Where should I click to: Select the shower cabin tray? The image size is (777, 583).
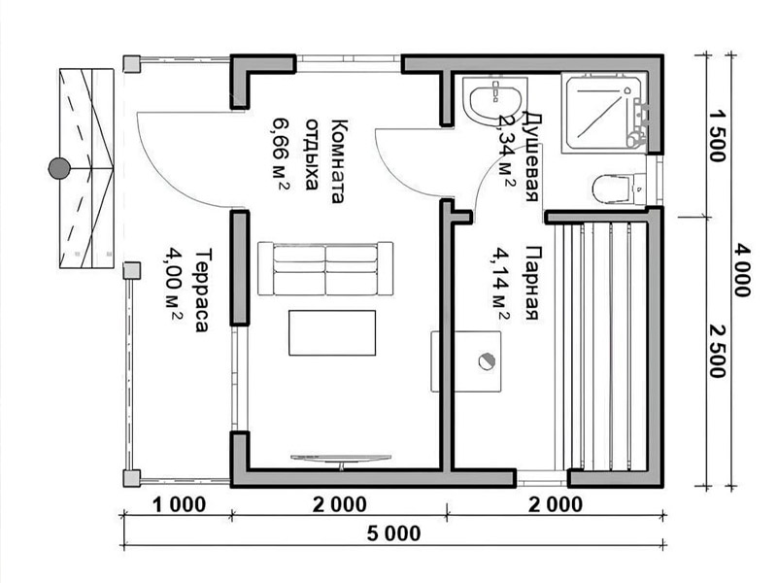coord(604,113)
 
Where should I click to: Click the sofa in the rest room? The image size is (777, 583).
coord(325,269)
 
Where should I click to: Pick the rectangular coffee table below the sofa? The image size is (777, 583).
coord(332,332)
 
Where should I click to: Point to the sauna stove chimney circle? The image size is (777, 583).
coord(487,360)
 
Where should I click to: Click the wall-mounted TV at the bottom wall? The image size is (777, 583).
coord(341,460)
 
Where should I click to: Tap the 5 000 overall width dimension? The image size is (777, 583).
coord(394,533)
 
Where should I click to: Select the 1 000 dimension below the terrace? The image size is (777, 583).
coord(179,504)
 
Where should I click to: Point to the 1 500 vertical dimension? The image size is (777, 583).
coord(717,135)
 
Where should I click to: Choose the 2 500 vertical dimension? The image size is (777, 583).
coord(717,352)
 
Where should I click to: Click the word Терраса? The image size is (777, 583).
coord(202,290)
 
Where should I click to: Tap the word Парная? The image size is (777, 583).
coord(530,282)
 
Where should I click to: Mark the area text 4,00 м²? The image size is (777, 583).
coord(174,284)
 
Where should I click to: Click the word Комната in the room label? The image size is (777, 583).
coord(337,160)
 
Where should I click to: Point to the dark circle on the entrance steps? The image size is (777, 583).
coord(59,168)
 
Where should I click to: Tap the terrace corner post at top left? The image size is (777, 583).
coord(132,64)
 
